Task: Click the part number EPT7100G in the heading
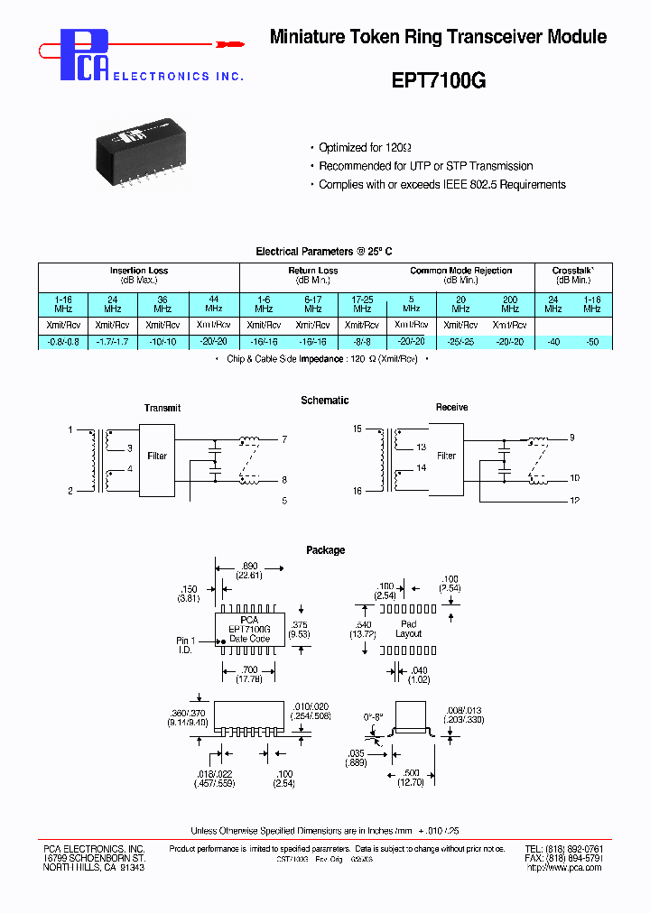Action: [x=438, y=79]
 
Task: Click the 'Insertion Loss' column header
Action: [x=138, y=271]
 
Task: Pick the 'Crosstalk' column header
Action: [x=572, y=271]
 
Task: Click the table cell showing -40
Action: [x=553, y=342]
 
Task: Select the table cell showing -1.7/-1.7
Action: [x=113, y=342]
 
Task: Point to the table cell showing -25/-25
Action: [x=460, y=342]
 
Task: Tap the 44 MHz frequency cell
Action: [x=213, y=303]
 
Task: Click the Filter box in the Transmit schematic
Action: [x=157, y=456]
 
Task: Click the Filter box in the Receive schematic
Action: [x=446, y=456]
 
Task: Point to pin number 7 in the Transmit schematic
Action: [x=284, y=439]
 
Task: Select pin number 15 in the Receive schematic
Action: [x=357, y=429]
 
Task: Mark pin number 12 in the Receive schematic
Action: [x=573, y=500]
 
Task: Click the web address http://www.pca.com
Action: [x=564, y=868]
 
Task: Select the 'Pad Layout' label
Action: [x=408, y=629]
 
